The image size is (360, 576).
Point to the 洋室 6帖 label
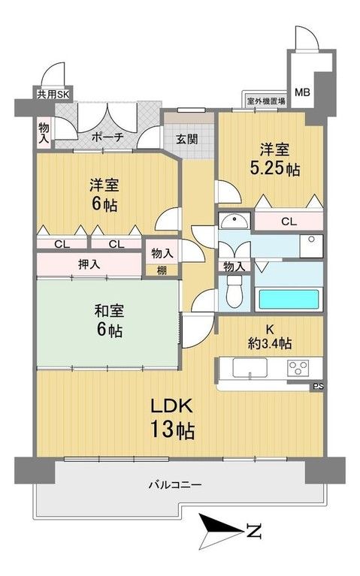[101, 195]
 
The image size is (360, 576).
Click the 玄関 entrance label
[187, 138]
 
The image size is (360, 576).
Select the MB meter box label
[301, 92]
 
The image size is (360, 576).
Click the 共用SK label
[53, 95]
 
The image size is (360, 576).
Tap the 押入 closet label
[90, 264]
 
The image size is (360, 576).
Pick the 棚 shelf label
[162, 270]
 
